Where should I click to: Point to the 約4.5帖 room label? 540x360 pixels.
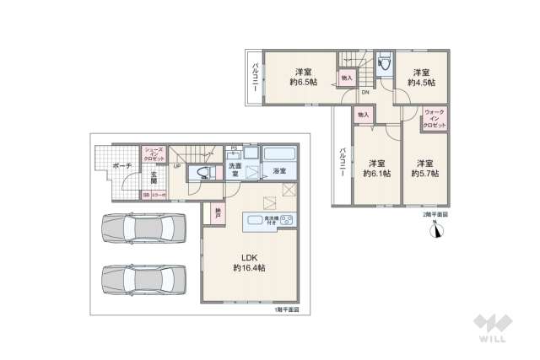(x=421, y=77)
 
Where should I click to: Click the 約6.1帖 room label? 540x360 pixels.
(x=375, y=168)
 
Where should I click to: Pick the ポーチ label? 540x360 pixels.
(x=121, y=167)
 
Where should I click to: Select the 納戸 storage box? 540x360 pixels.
(x=218, y=213)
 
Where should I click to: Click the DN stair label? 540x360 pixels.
(x=364, y=93)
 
